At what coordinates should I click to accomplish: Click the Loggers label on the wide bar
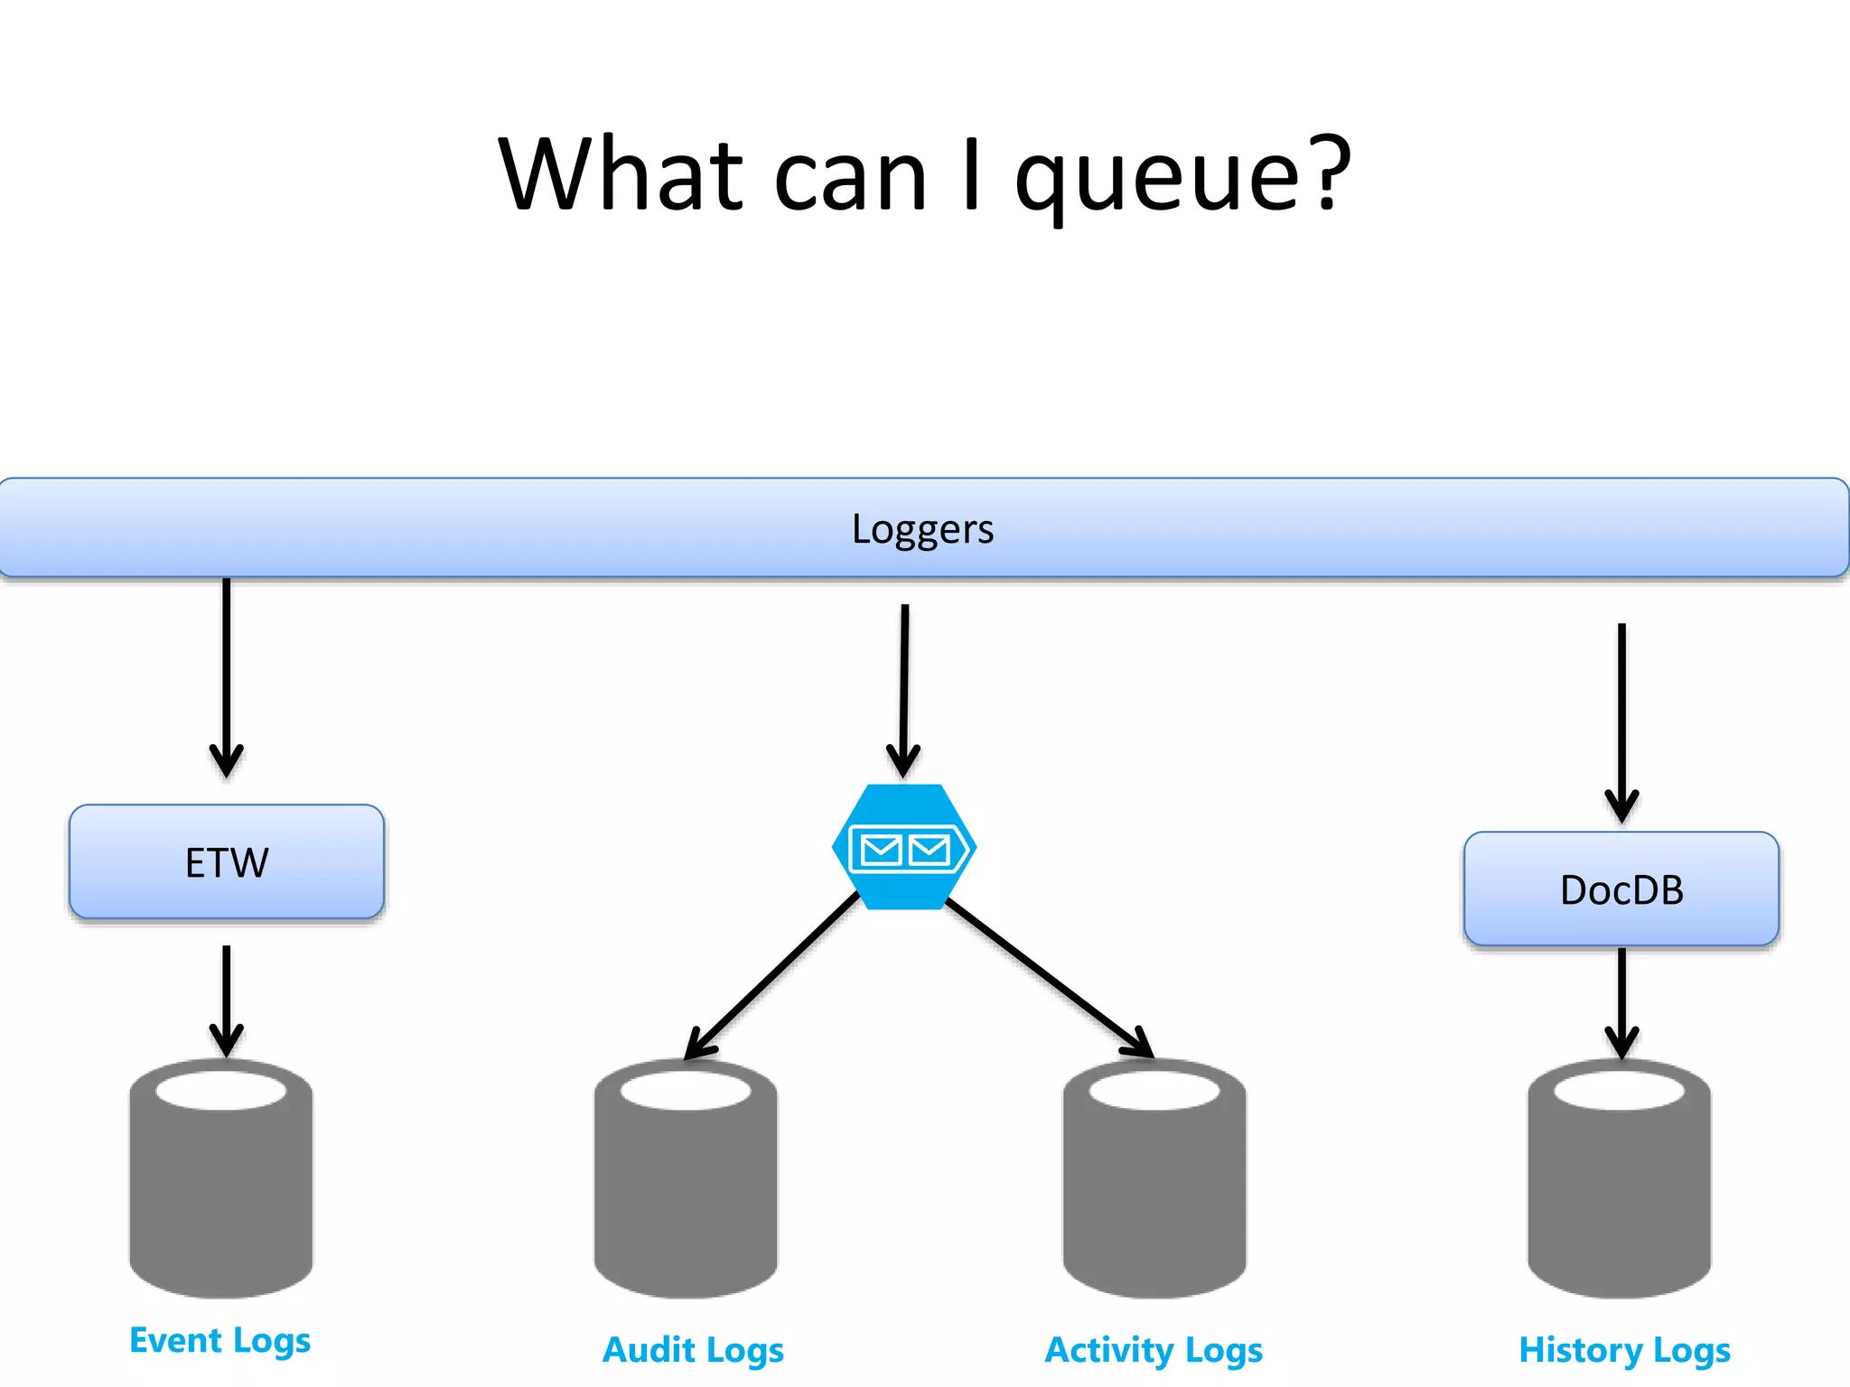tap(922, 529)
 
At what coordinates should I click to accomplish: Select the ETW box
tap(227, 862)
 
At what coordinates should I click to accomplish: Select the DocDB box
tap(1621, 889)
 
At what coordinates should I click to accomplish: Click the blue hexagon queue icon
tap(903, 847)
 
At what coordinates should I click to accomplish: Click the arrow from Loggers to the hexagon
tap(903, 686)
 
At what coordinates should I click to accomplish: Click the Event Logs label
tap(220, 1341)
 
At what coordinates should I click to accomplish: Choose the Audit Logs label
tap(693, 1350)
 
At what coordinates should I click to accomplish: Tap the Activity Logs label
tap(1154, 1350)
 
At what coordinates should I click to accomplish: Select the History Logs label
tap(1624, 1350)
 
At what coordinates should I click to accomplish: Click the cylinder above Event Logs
tap(221, 1192)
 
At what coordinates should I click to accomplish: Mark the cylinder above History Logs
tap(1619, 1192)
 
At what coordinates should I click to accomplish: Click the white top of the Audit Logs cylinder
tap(686, 1091)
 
